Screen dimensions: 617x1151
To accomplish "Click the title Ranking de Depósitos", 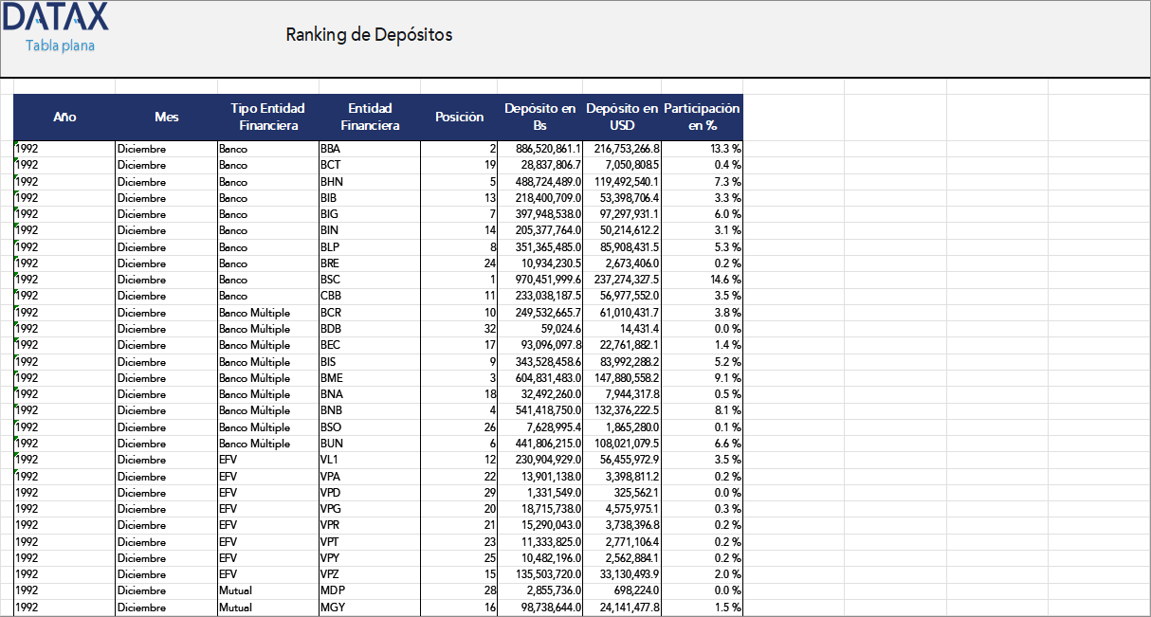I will [x=369, y=35].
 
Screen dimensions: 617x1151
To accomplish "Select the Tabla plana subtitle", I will [x=60, y=45].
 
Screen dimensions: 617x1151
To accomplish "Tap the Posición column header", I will [x=459, y=117].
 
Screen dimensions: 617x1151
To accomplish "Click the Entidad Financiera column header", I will [x=370, y=117].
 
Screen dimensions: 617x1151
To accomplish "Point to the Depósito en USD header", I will [x=622, y=117].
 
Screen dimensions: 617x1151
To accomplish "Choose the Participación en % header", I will [x=702, y=117].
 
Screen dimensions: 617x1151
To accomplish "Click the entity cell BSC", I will [x=330, y=280].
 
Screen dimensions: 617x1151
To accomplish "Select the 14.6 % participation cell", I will [x=725, y=280].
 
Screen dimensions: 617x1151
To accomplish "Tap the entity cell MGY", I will [x=332, y=608].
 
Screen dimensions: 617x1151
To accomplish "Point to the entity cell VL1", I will [x=329, y=460].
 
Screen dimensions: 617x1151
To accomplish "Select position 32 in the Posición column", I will [x=489, y=329].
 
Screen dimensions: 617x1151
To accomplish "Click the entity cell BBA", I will [x=330, y=149].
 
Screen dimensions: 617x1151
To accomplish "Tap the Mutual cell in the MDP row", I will [x=235, y=590].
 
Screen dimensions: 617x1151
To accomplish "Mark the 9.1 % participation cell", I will [x=727, y=378].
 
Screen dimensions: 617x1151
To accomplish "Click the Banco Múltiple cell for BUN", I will [x=254, y=444].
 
